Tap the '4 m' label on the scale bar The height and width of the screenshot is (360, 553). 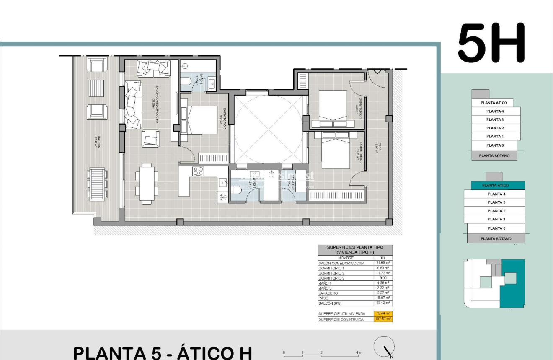click(359, 353)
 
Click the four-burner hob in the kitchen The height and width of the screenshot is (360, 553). click(198, 171)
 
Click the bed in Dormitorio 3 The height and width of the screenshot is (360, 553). click(199, 120)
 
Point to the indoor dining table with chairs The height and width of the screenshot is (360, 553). click(147, 184)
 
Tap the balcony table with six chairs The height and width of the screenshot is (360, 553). click(97, 184)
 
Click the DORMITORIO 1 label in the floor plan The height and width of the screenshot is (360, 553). click(360, 108)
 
